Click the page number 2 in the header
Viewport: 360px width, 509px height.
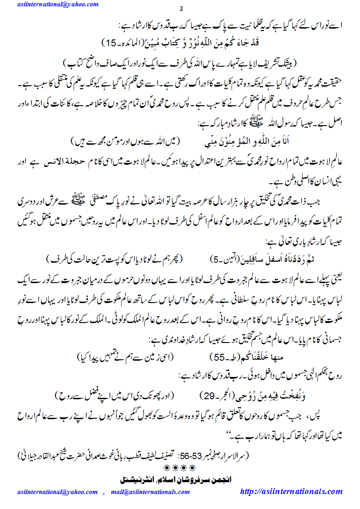tap(181, 10)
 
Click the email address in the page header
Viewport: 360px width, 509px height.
tap(58, 4)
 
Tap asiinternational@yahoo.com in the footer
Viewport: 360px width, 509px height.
tap(58, 492)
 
